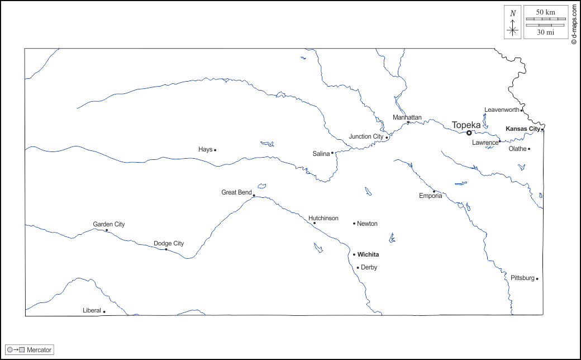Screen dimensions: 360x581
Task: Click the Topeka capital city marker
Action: pos(469,133)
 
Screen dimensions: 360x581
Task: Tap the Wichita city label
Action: pos(368,254)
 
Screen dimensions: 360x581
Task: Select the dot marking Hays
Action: pos(215,150)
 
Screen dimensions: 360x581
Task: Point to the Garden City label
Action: pos(109,224)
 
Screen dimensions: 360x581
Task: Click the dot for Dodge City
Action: pos(166,249)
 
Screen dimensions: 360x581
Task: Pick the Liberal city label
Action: pos(92,310)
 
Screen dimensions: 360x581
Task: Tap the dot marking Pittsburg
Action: pos(537,279)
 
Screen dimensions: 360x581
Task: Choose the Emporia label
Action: pos(431,196)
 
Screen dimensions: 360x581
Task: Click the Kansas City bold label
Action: pos(523,129)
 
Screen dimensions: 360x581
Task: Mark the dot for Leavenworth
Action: pos(522,110)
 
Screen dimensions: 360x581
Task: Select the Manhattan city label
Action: pos(407,117)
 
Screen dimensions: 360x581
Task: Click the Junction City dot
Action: pos(387,138)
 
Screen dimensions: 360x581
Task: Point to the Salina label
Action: pos(321,154)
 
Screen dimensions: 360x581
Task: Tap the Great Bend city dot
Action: pos(254,196)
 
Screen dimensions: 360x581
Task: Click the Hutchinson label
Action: pos(323,218)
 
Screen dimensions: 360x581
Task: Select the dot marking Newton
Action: pos(354,224)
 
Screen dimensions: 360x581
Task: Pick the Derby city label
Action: pos(369,267)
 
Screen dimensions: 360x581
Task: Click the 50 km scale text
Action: pos(546,12)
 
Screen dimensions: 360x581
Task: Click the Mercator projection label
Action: pos(39,350)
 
